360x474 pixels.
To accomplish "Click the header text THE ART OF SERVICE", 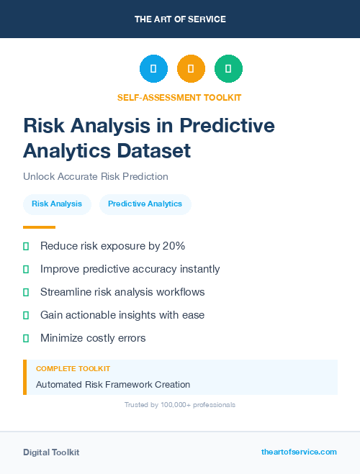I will (x=180, y=19).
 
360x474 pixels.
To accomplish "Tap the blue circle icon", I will (x=153, y=69).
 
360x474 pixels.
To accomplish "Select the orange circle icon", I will (x=191, y=69).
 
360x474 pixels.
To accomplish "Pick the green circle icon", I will (x=228, y=69).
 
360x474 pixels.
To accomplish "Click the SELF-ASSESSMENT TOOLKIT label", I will (x=179, y=97).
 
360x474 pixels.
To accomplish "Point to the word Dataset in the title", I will (x=156, y=150).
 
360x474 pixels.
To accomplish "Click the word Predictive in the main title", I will (x=227, y=126).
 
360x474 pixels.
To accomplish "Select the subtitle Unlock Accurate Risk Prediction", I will (x=95, y=176).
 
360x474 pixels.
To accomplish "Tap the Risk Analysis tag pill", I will (x=57, y=204).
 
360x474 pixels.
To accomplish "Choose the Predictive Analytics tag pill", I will (x=145, y=204).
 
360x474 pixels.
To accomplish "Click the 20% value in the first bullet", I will (x=174, y=246).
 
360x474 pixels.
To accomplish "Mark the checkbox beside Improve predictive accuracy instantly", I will (x=26, y=269).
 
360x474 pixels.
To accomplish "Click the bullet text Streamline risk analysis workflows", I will (x=122, y=292).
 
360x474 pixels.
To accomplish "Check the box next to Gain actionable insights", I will (x=26, y=315).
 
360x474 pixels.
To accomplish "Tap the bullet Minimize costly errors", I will (x=93, y=338).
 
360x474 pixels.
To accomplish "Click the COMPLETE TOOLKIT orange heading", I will (x=73, y=368).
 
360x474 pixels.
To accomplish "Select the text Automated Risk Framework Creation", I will (x=113, y=385).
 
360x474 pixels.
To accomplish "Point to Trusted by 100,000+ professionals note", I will (x=179, y=405).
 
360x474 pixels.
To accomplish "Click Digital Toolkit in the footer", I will (x=51, y=452).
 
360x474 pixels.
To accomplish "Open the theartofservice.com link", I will (x=299, y=452).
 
